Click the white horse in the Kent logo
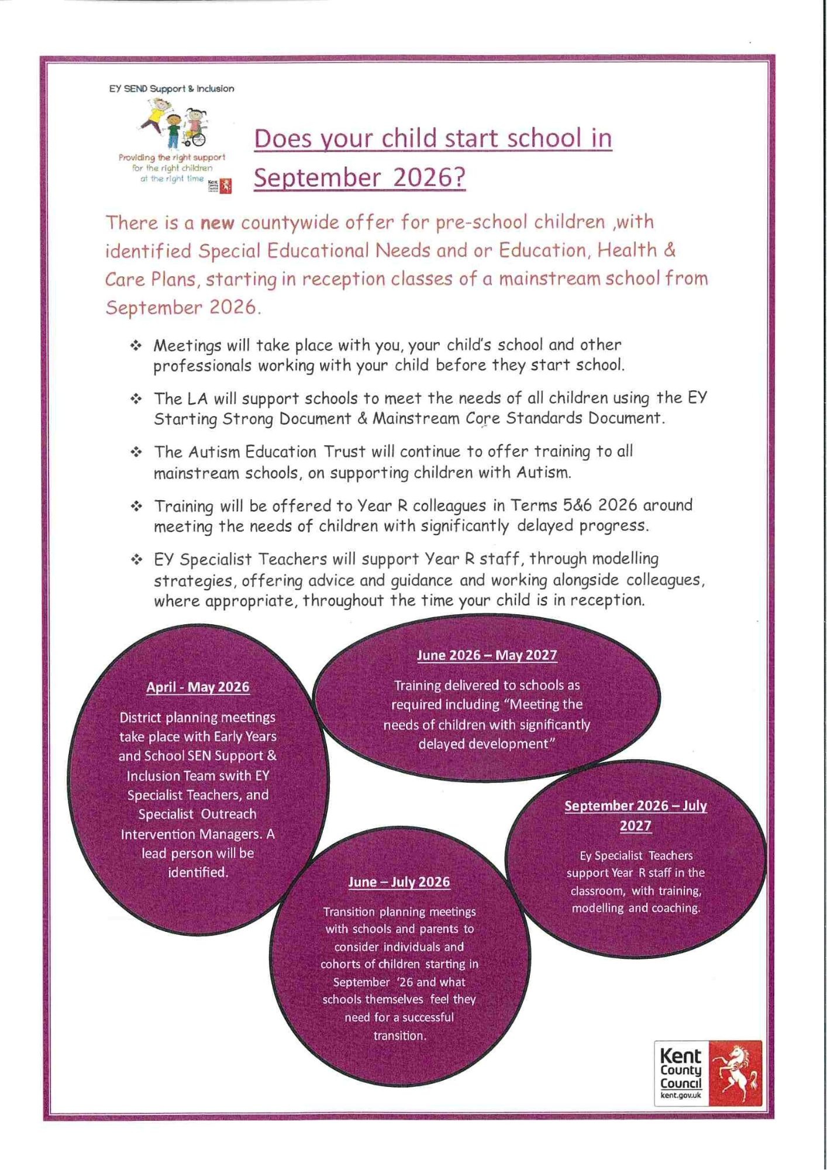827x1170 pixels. [x=736, y=1072]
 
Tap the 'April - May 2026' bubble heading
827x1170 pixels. [x=198, y=687]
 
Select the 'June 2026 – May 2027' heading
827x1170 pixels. [x=487, y=655]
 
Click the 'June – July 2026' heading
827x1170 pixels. [x=399, y=882]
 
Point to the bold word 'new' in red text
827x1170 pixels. [x=217, y=223]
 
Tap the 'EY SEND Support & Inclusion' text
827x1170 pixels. [x=171, y=89]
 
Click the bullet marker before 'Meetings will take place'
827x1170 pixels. [x=136, y=346]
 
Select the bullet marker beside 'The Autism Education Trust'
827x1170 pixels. [x=136, y=452]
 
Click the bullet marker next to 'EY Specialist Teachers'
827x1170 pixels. [x=136, y=560]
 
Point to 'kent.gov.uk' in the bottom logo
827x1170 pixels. [x=681, y=1095]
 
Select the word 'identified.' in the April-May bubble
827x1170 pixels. [x=198, y=872]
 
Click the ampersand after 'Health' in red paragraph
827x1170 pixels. [x=670, y=250]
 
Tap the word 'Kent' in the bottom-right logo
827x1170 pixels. [x=680, y=1056]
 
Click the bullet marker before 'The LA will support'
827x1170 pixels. [x=136, y=399]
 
